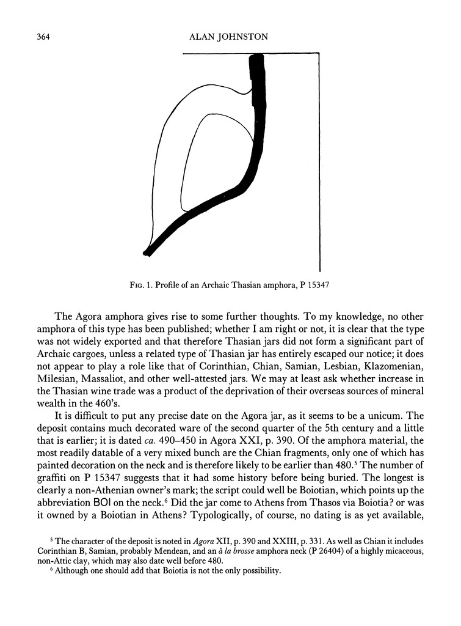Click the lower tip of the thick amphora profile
(x=147, y=251)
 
